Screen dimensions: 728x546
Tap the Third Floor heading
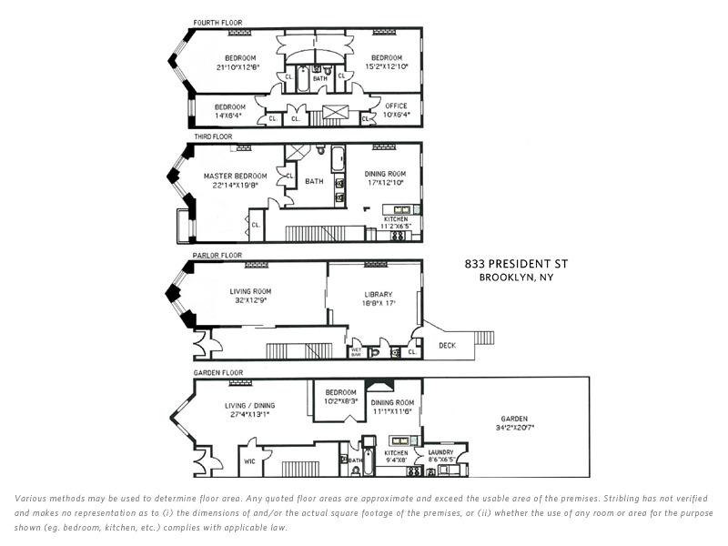213,137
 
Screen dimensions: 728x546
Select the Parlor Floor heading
217,255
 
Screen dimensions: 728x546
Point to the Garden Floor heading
217,373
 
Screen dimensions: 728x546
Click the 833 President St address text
515,264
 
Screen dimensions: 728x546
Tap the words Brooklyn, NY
515,277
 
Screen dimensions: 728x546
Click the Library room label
377,294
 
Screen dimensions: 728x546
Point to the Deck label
446,346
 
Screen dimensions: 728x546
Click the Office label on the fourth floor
396,106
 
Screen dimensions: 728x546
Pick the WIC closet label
249,461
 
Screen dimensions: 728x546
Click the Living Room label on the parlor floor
249,291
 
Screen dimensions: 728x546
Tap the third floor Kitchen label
396,219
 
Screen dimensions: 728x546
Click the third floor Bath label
314,181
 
